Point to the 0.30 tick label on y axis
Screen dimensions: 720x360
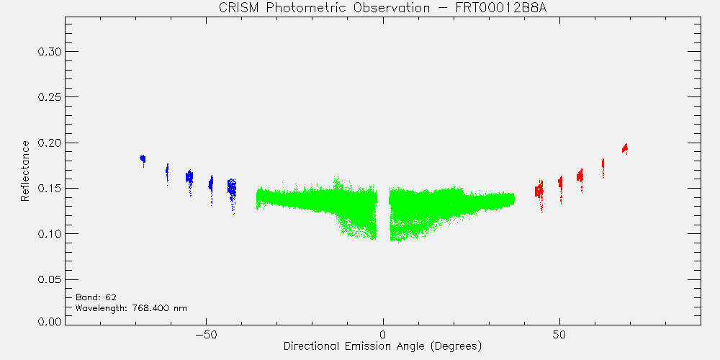[49, 51]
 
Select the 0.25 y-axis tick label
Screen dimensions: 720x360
[49, 97]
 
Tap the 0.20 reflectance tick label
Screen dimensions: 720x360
[49, 143]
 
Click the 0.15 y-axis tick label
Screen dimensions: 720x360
[49, 188]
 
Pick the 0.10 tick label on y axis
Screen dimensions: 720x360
[49, 234]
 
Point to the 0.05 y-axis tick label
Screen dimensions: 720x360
[49, 279]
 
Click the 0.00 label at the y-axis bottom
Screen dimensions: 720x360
[49, 321]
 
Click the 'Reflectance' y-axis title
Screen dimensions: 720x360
[25, 171]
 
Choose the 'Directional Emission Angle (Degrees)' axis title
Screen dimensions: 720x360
[382, 346]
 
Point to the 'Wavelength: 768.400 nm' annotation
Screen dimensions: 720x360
[131, 308]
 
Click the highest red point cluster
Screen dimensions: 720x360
[624, 148]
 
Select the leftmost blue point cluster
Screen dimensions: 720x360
[143, 159]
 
